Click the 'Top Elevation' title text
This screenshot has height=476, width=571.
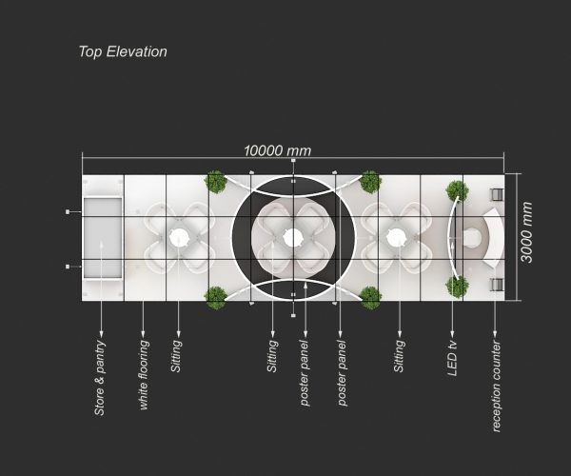tap(123, 51)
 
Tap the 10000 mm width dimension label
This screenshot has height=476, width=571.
tap(277, 150)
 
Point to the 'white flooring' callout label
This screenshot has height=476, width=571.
tap(144, 372)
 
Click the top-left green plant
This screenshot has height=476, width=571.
tap(215, 181)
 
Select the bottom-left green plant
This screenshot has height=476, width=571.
tap(215, 296)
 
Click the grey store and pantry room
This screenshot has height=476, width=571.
tap(102, 237)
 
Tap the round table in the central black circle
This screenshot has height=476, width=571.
tap(292, 237)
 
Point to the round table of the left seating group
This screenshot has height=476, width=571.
tap(177, 237)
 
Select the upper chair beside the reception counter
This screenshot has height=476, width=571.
tap(495, 193)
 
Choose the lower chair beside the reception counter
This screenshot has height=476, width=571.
tap(495, 284)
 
